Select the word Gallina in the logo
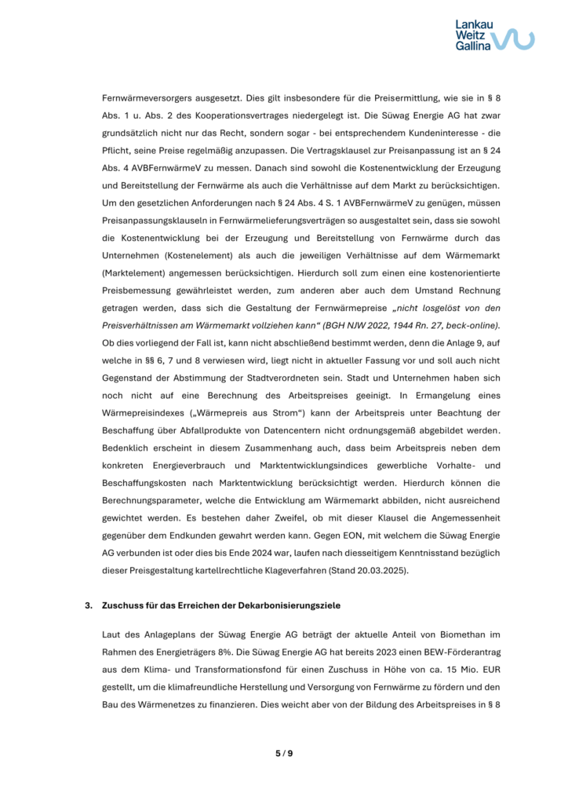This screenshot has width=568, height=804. click(x=473, y=46)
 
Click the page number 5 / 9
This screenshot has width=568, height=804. click(x=284, y=754)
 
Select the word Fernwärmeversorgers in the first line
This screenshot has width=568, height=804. click(x=148, y=100)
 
